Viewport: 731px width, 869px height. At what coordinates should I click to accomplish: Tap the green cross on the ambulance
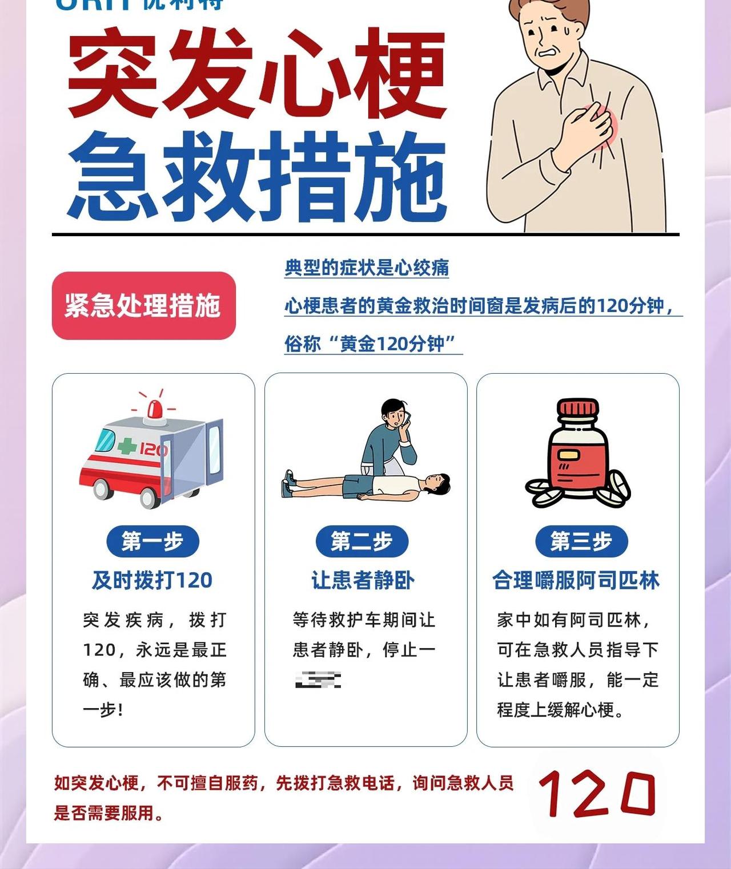click(127, 446)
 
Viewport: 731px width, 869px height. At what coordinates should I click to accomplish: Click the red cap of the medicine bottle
click(578, 410)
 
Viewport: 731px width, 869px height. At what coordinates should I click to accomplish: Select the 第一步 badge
click(152, 541)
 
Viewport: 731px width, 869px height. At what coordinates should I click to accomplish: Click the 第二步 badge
click(362, 541)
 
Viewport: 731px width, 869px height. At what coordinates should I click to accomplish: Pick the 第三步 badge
click(581, 541)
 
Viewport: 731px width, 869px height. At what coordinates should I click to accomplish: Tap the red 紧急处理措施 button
click(143, 306)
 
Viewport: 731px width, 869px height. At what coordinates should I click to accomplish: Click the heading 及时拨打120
click(152, 580)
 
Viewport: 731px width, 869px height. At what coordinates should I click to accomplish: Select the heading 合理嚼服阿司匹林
click(576, 580)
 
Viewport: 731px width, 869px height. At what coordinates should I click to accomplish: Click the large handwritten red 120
click(597, 793)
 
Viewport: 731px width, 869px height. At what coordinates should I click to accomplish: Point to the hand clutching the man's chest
click(585, 126)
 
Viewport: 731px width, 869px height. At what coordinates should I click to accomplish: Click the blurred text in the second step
click(318, 680)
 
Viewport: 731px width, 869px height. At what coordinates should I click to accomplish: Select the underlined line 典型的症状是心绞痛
click(367, 268)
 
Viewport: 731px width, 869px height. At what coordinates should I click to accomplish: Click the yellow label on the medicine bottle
click(568, 455)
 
